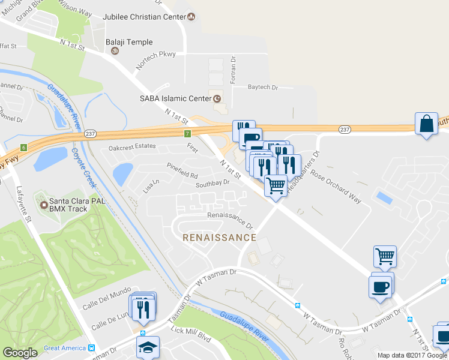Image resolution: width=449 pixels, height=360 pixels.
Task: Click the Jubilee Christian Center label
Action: point(145,17)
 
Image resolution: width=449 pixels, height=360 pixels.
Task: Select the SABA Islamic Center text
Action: point(173,98)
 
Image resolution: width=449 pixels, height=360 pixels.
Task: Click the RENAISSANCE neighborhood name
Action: point(219,238)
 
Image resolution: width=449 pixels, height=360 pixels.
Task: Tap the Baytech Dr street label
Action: point(263,87)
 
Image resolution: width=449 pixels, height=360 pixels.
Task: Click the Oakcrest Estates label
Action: point(132,146)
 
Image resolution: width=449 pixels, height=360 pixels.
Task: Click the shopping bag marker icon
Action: point(426,124)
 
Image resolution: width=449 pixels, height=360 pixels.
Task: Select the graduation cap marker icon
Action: point(148,347)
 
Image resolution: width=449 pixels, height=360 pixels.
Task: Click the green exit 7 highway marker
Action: point(188,133)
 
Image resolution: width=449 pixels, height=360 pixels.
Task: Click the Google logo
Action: point(20,353)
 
